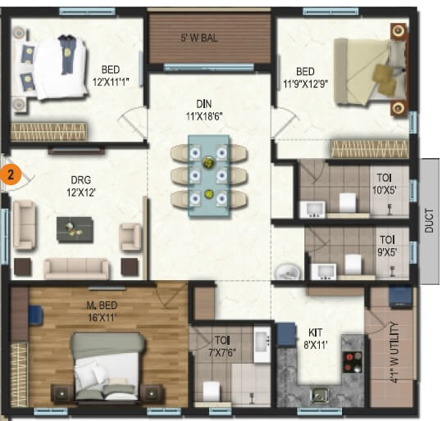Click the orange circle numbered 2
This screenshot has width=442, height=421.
(10, 174)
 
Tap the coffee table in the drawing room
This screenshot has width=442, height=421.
(75, 229)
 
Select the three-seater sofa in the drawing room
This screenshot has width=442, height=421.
(76, 268)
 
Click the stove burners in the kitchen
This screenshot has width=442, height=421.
(353, 361)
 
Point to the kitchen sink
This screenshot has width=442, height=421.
(319, 395)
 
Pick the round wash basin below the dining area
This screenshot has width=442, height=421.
(286, 272)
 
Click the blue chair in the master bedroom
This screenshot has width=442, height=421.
(34, 315)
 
